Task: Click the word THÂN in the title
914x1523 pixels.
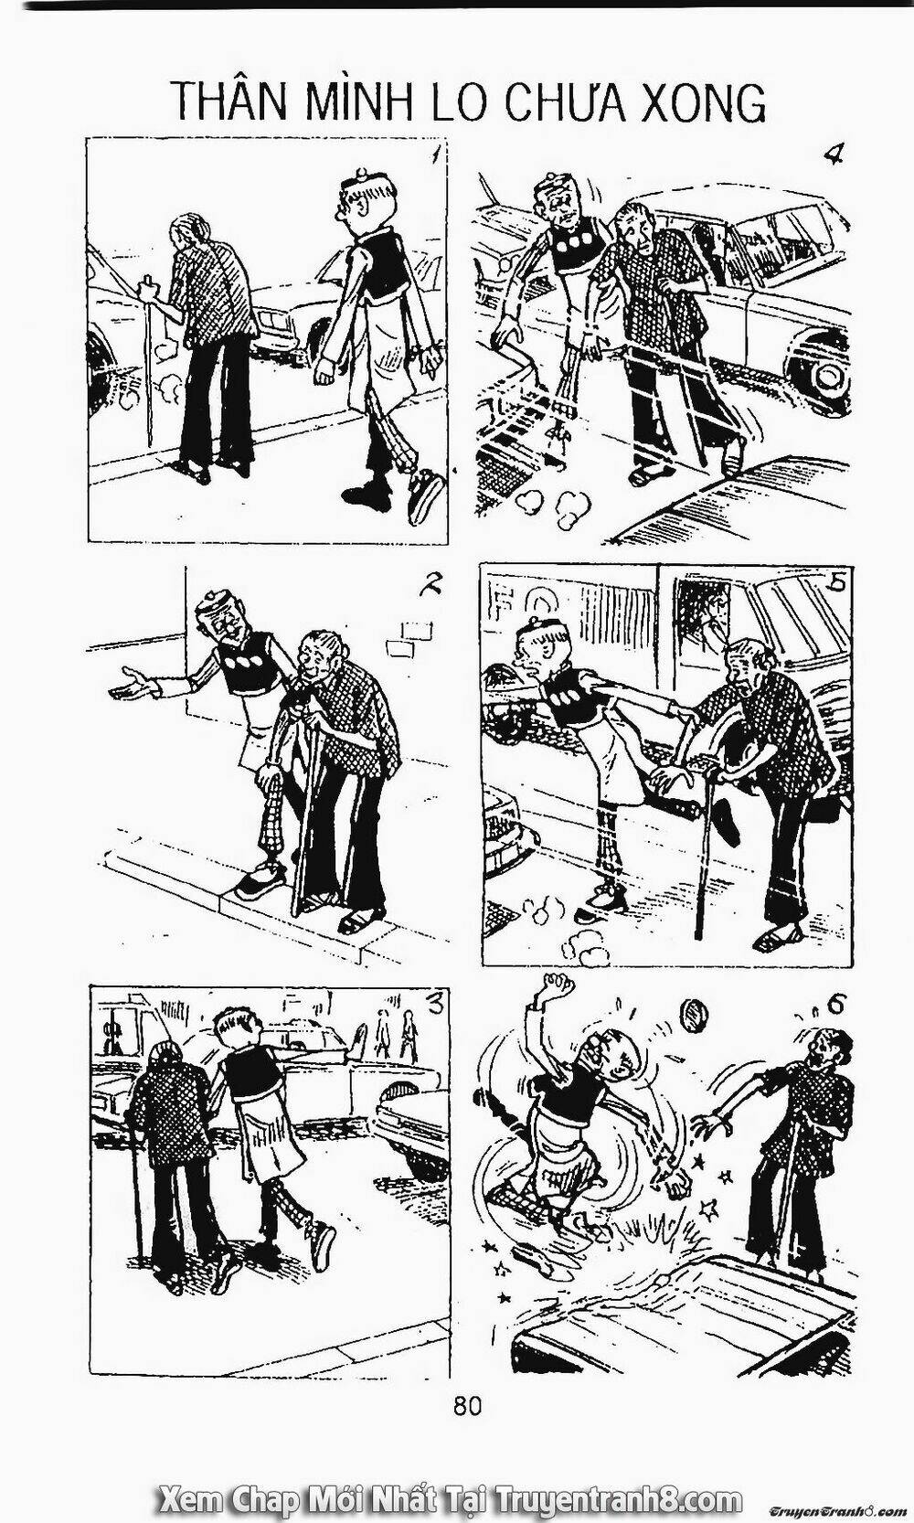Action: pyautogui.click(x=228, y=101)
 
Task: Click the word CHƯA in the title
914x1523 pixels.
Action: pyautogui.click(x=568, y=101)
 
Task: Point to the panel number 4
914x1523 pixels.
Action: pyautogui.click(x=832, y=154)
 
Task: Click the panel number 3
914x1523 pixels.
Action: pyautogui.click(x=436, y=1004)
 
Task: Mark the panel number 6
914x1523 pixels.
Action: pyautogui.click(x=834, y=1004)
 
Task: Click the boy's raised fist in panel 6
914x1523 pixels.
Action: pyautogui.click(x=555, y=989)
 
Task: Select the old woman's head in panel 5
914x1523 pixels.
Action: pyautogui.click(x=749, y=663)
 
